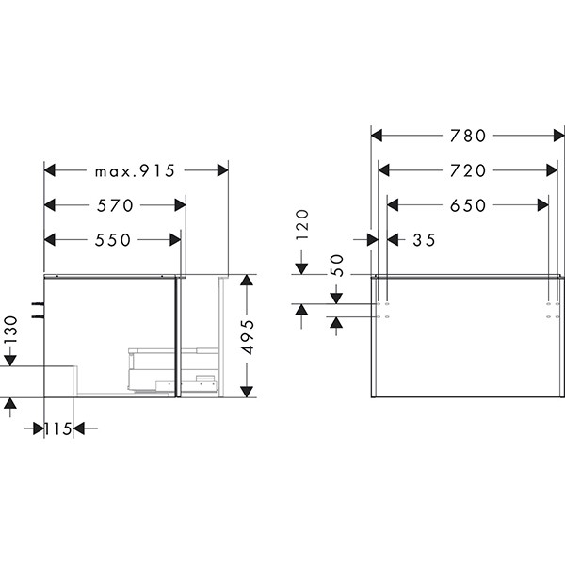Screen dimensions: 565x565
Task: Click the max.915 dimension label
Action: pos(135,170)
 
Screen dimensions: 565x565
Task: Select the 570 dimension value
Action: pos(115,205)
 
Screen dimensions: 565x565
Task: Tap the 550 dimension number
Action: pos(112,240)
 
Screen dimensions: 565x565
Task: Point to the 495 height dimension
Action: pos(248,336)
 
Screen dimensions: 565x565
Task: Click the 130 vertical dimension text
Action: pos(10,330)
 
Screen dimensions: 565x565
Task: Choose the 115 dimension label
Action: pos(58,428)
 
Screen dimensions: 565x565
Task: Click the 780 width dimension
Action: pos(468,136)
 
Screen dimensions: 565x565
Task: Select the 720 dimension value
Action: pos(468,170)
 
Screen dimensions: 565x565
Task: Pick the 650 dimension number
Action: pos(468,205)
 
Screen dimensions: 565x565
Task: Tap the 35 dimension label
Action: pos(424,240)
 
